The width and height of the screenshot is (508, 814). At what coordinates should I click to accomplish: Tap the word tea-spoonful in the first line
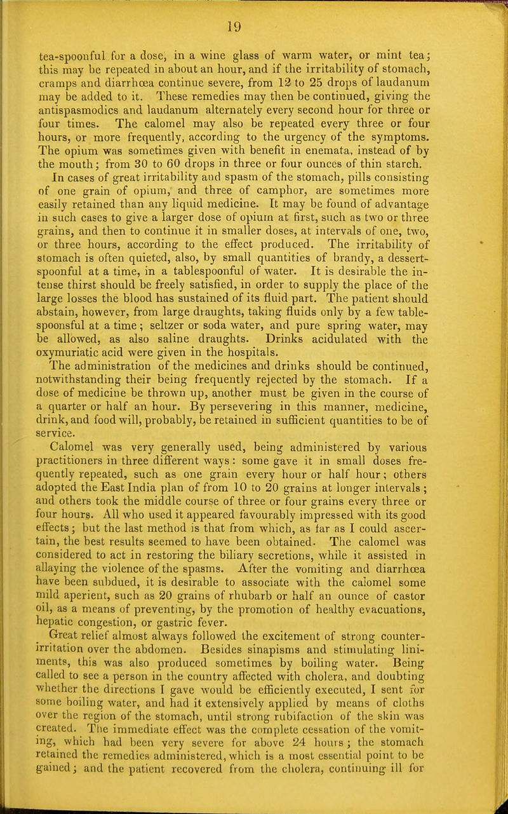66,44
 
